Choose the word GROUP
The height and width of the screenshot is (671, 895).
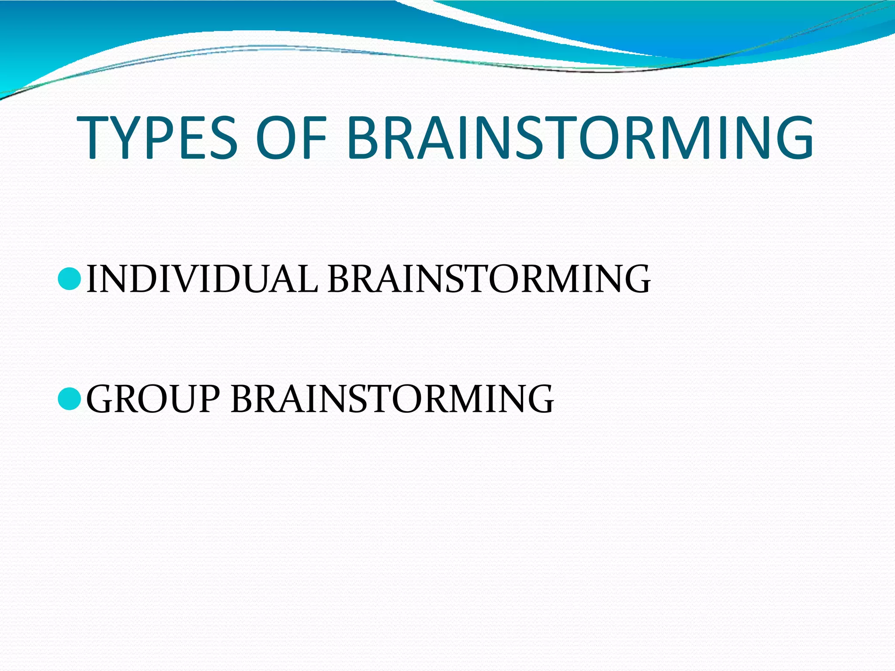pyautogui.click(x=153, y=398)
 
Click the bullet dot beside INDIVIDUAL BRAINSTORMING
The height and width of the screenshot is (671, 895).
pyautogui.click(x=69, y=280)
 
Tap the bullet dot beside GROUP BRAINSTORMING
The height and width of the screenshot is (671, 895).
pyautogui.click(x=69, y=399)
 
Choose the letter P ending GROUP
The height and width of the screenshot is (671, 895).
pyautogui.click(x=208, y=398)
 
